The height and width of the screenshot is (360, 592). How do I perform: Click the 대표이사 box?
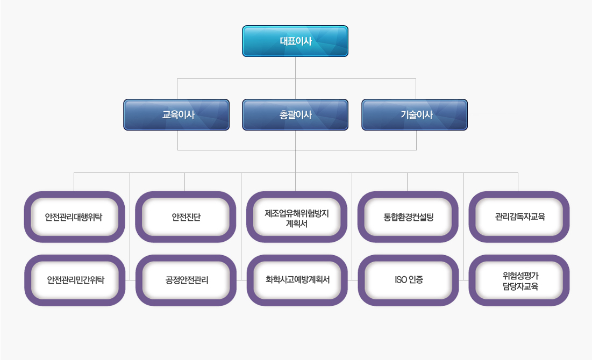pyautogui.click(x=295, y=41)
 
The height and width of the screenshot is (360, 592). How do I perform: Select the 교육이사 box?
pyautogui.click(x=176, y=114)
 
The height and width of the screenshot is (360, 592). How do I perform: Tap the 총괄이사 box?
pyautogui.click(x=295, y=114)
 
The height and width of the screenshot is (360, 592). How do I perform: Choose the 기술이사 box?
pyautogui.click(x=415, y=114)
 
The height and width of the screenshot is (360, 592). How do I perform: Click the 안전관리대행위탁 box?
pyautogui.click(x=74, y=217)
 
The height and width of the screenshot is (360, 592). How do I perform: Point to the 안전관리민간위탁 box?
pyautogui.click(x=74, y=280)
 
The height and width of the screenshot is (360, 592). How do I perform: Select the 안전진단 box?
pyautogui.click(x=186, y=217)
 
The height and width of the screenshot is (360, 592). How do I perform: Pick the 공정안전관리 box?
pyautogui.click(x=186, y=280)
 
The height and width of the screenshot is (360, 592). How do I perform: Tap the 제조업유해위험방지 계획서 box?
pyautogui.click(x=297, y=217)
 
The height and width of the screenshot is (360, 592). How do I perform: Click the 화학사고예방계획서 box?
pyautogui.click(x=297, y=280)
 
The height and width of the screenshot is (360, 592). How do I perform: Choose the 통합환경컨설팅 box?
pyautogui.click(x=408, y=217)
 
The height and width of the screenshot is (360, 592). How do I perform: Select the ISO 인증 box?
pyautogui.click(x=408, y=280)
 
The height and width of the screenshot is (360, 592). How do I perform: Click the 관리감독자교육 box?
pyautogui.click(x=519, y=217)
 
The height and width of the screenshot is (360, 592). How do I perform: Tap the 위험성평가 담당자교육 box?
pyautogui.click(x=519, y=280)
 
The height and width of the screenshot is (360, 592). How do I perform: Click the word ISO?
pyautogui.click(x=400, y=280)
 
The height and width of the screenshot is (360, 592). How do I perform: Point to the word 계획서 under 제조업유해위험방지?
pyautogui.click(x=297, y=224)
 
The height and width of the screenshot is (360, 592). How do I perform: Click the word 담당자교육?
pyautogui.click(x=519, y=286)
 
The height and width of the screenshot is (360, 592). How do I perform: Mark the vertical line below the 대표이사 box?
pyautogui.click(x=295, y=67)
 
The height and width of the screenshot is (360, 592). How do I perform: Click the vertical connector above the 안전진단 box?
pyautogui.click(x=184, y=182)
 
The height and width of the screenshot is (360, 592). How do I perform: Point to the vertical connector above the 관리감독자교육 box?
pyautogui.click(x=518, y=182)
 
